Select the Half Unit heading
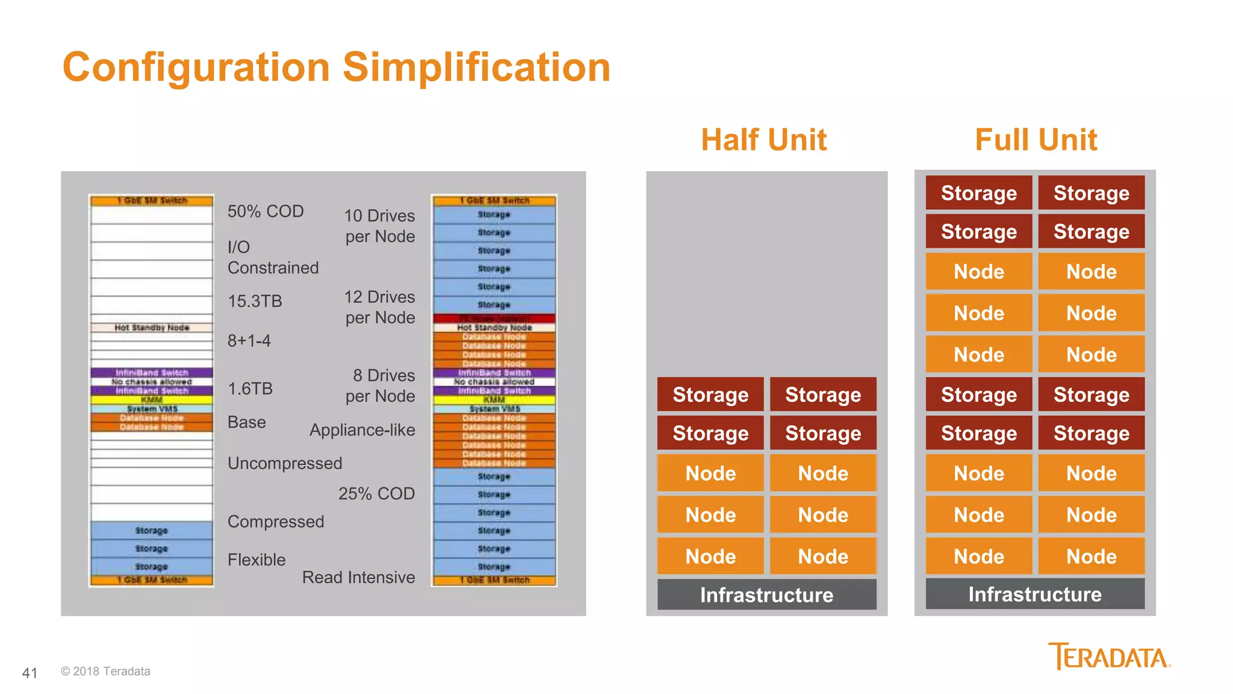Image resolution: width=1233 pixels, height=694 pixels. (x=763, y=140)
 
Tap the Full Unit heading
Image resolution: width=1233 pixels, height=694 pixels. (x=1036, y=140)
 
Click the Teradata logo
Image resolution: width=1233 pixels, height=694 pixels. (x=1109, y=656)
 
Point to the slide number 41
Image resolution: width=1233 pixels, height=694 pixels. (x=30, y=673)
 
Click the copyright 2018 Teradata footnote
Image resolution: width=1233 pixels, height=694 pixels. (x=105, y=671)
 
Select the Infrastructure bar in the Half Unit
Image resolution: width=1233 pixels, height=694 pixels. (x=766, y=595)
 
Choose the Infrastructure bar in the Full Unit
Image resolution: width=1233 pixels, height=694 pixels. (x=1034, y=594)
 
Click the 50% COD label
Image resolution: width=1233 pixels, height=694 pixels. (x=266, y=211)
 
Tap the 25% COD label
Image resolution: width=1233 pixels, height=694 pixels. (x=376, y=493)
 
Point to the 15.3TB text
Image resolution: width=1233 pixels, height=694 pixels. (x=255, y=301)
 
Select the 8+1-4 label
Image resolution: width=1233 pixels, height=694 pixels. (x=249, y=341)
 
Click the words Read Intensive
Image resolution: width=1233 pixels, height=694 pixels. (x=358, y=577)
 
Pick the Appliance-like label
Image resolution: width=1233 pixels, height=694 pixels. (x=362, y=430)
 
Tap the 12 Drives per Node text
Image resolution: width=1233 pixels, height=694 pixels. (x=379, y=307)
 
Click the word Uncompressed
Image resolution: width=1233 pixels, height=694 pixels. (x=285, y=463)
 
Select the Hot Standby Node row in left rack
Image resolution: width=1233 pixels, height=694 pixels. (x=152, y=328)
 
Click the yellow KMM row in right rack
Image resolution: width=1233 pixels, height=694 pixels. (x=494, y=400)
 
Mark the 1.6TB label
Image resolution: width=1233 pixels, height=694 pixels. (x=250, y=389)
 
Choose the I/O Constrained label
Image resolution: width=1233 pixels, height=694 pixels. (x=273, y=257)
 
